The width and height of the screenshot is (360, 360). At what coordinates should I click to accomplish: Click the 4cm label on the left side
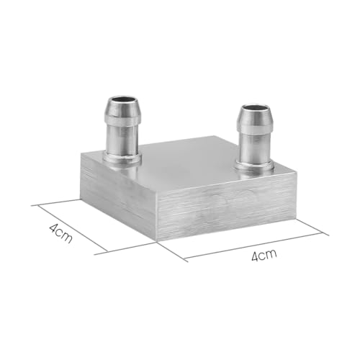click(60, 234)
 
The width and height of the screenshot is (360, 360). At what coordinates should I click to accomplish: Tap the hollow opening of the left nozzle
click(121, 102)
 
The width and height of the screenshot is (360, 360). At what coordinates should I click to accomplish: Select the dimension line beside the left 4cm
click(72, 228)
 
